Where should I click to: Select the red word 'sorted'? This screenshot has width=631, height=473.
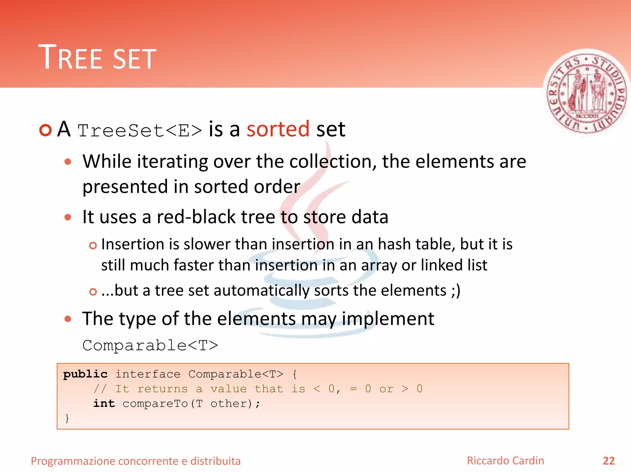click(278, 129)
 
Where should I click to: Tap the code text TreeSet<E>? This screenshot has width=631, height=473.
click(140, 131)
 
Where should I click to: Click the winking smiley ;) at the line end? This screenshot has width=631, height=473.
click(455, 291)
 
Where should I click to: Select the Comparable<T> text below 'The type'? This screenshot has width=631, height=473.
click(150, 346)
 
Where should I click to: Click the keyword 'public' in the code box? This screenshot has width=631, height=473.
click(85, 374)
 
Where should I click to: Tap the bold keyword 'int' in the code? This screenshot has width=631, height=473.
click(104, 403)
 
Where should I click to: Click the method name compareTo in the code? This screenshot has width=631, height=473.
click(155, 404)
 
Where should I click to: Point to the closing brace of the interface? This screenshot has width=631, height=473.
click(67, 418)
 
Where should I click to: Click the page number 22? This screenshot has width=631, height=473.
click(609, 461)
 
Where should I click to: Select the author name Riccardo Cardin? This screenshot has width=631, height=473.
click(505, 461)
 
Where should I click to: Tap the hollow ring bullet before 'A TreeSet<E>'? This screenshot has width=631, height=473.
click(46, 130)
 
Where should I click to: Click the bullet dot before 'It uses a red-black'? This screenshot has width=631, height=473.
click(68, 217)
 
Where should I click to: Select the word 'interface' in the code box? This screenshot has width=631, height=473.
click(148, 374)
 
